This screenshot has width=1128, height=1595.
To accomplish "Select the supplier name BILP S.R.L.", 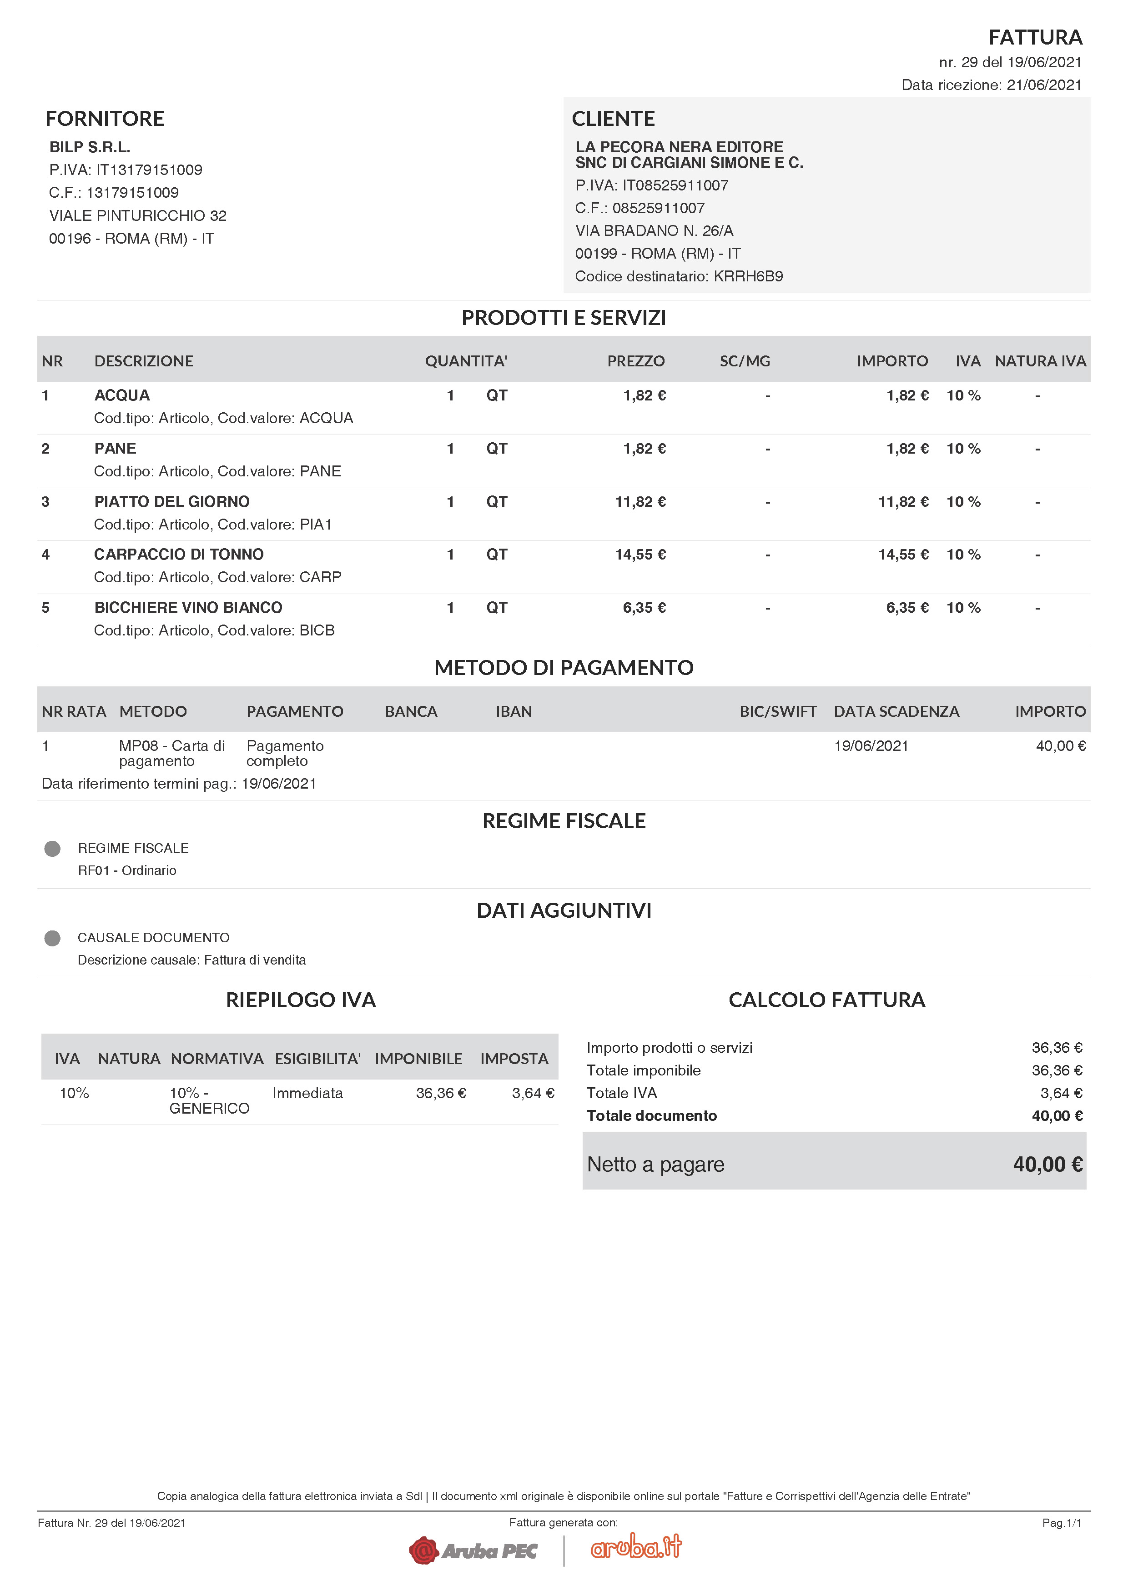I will pyautogui.click(x=90, y=147).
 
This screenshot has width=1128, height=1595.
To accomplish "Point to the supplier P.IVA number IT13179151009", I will pyautogui.click(x=149, y=170).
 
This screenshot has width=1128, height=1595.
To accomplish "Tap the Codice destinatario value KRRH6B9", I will pyautogui.click(x=748, y=276).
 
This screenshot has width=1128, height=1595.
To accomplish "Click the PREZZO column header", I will pyautogui.click(x=635, y=361).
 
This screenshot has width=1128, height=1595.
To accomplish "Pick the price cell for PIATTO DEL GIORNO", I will pyautogui.click(x=640, y=501).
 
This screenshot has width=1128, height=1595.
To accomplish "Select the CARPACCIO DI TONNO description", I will pyautogui.click(x=179, y=555).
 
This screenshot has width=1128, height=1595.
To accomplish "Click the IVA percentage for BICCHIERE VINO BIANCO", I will pyautogui.click(x=963, y=608).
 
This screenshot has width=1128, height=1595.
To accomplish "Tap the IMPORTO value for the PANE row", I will pyautogui.click(x=907, y=449).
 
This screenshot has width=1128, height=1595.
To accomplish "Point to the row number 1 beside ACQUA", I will pyautogui.click(x=46, y=396).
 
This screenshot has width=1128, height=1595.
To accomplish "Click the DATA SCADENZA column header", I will pyautogui.click(x=896, y=711).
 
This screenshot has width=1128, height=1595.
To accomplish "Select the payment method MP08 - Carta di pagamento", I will pyautogui.click(x=171, y=753).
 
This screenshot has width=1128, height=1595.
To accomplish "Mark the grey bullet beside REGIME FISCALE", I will pyautogui.click(x=52, y=849).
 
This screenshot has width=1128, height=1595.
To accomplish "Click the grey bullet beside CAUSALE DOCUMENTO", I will pyautogui.click(x=52, y=939).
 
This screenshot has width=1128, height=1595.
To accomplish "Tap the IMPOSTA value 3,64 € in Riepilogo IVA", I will pyautogui.click(x=533, y=1094).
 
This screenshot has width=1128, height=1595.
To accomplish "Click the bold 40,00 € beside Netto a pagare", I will pyautogui.click(x=1047, y=1164).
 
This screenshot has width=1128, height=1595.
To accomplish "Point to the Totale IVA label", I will pyautogui.click(x=621, y=1094).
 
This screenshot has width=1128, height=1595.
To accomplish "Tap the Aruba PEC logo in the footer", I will pyautogui.click(x=473, y=1550).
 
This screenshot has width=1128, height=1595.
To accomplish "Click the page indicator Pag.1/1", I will pyautogui.click(x=1061, y=1524).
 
